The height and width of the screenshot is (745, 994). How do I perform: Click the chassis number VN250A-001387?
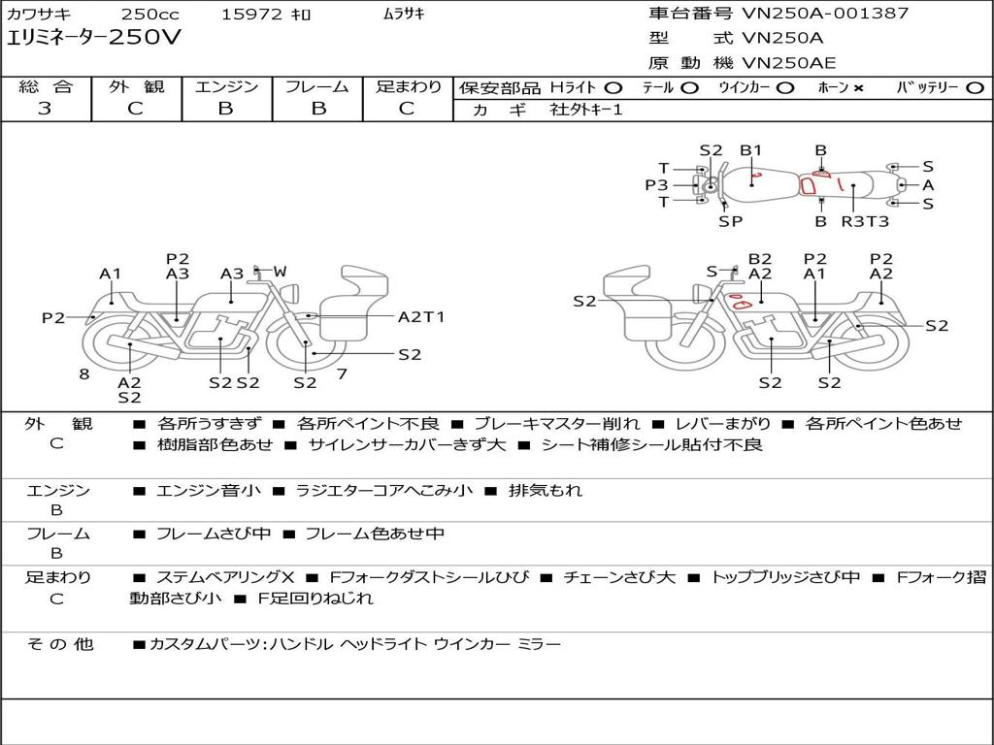pyautogui.click(x=825, y=14)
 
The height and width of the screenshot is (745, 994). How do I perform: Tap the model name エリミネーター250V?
pyautogui.click(x=93, y=38)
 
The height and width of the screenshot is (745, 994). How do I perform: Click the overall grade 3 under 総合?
pyautogui.click(x=45, y=109)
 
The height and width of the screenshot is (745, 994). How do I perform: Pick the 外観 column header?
pyautogui.click(x=136, y=87)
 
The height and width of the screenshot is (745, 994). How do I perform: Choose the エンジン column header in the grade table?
pyautogui.click(x=226, y=87)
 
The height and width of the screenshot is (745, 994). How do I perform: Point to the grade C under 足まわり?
pyautogui.click(x=407, y=109)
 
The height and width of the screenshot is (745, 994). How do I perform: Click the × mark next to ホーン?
pyautogui.click(x=858, y=88)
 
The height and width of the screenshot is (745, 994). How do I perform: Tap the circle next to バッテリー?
pyautogui.click(x=975, y=88)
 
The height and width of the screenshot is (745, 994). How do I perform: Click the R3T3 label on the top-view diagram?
pyautogui.click(x=864, y=221)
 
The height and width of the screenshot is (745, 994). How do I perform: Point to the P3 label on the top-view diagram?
pyautogui.click(x=656, y=184)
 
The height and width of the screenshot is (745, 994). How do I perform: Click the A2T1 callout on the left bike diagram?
pyautogui.click(x=421, y=316)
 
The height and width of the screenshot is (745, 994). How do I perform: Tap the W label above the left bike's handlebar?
pyautogui.click(x=280, y=271)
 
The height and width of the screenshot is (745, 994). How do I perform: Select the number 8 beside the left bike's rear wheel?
pyautogui.click(x=84, y=373)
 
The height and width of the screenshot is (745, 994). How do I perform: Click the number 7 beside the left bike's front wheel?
pyautogui.click(x=341, y=373)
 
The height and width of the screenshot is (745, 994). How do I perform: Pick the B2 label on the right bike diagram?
pyautogui.click(x=760, y=259)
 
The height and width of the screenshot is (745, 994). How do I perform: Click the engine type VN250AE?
pyautogui.click(x=788, y=63)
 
